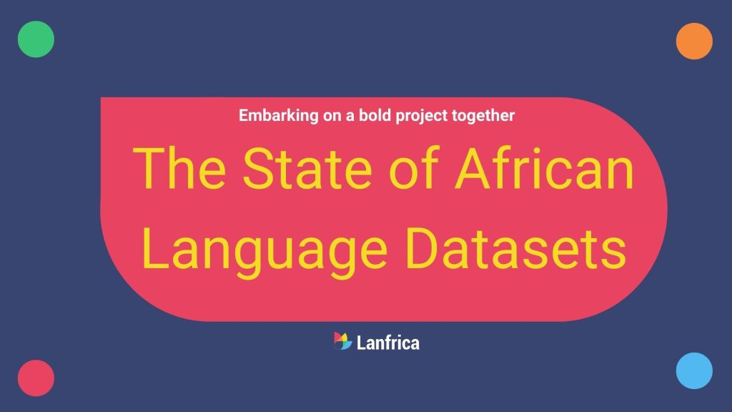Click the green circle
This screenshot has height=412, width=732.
point(36,39)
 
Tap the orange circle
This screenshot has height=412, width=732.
point(694,41)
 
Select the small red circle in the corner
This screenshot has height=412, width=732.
point(36,378)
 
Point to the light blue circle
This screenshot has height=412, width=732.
point(694,371)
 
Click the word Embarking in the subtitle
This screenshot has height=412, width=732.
point(279,116)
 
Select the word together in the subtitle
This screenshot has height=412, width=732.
point(483,116)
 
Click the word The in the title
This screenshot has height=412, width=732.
point(179,168)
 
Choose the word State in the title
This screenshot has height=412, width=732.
point(307,168)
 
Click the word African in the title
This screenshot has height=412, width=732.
point(544,168)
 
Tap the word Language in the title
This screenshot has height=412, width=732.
point(264,252)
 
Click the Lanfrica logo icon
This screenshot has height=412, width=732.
point(342,341)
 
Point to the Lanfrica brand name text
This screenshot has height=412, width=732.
point(388,343)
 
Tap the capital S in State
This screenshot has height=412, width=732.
point(259,169)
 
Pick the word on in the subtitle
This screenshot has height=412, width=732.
point(332,117)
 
